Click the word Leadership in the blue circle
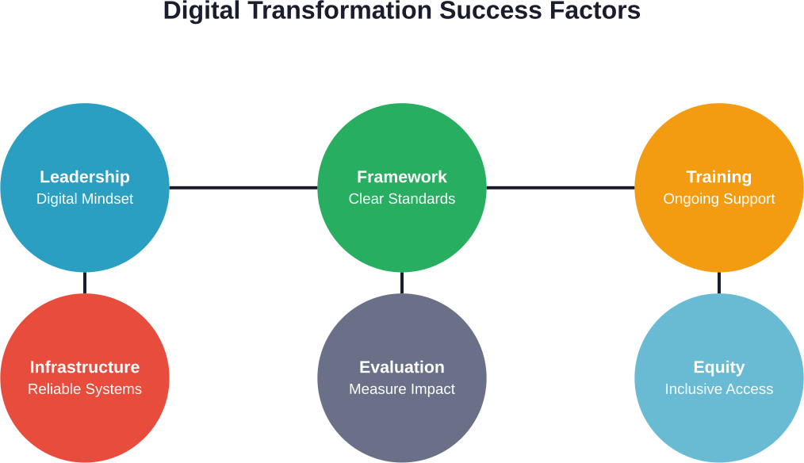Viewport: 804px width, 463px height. [x=85, y=177]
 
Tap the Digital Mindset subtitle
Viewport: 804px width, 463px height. [x=85, y=199]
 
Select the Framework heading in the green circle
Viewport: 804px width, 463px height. [x=402, y=177]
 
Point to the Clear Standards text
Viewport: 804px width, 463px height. [x=402, y=199]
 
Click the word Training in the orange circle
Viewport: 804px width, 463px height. [x=719, y=177]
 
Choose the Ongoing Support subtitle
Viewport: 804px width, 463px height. [x=719, y=199]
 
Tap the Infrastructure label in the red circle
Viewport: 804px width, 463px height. [x=85, y=367]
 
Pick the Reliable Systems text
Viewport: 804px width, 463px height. [x=85, y=389]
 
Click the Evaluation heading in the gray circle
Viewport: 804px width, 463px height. [x=402, y=367]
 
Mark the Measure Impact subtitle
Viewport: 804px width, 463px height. [x=402, y=389]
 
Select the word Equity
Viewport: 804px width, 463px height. [x=719, y=367]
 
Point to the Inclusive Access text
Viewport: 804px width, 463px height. [x=719, y=389]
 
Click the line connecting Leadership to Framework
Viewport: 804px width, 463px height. [x=243, y=188]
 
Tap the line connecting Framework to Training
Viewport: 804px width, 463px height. [x=561, y=188]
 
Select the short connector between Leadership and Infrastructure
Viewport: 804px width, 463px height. [x=85, y=283]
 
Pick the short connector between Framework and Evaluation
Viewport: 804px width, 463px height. [x=402, y=283]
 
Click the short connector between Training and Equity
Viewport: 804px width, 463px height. [x=719, y=283]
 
